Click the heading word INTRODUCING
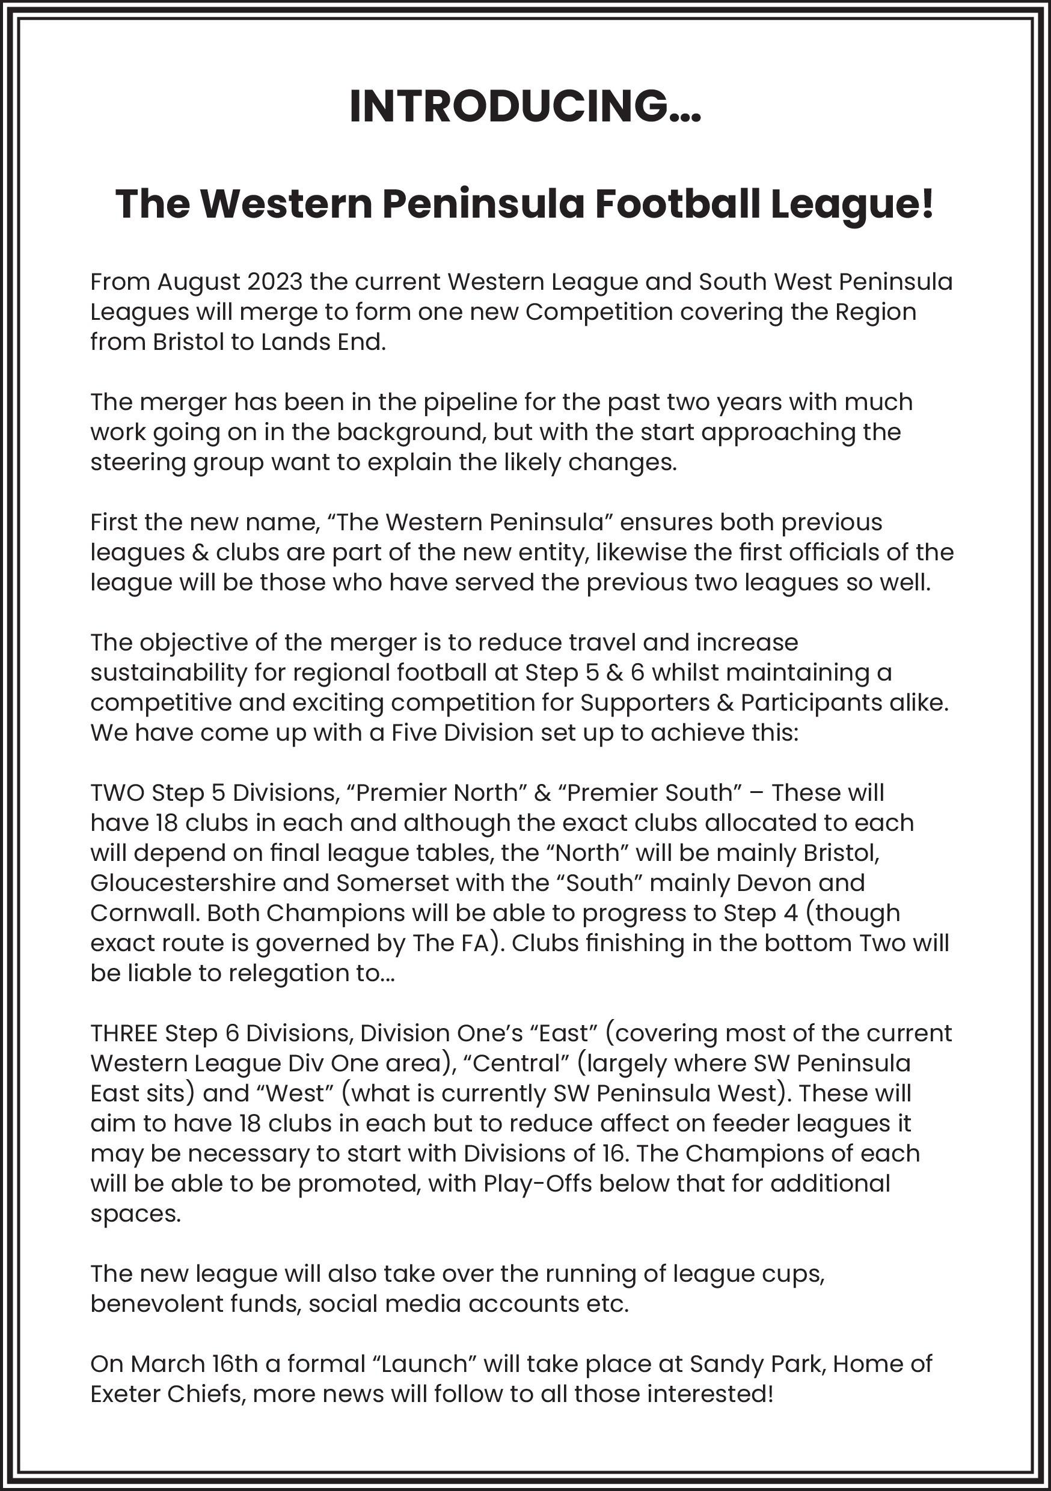click(510, 106)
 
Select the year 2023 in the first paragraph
click(274, 283)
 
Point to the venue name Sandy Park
click(755, 1364)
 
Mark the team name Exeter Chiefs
click(167, 1394)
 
